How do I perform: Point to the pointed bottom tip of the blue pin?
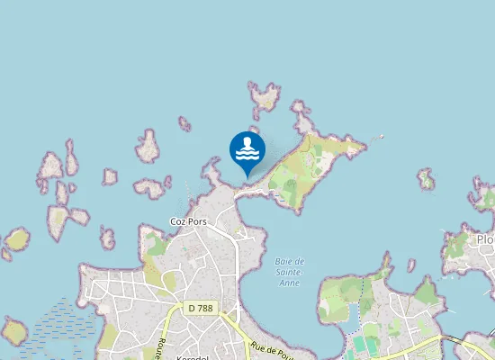247,176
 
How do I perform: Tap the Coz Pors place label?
188,221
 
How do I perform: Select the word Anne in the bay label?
290,283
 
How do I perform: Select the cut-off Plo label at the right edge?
486,240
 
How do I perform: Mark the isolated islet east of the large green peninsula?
426,180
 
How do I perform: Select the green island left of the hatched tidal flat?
13,331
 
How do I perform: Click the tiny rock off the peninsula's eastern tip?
382,138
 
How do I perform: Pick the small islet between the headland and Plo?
411,265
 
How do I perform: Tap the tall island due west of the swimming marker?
148,146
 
